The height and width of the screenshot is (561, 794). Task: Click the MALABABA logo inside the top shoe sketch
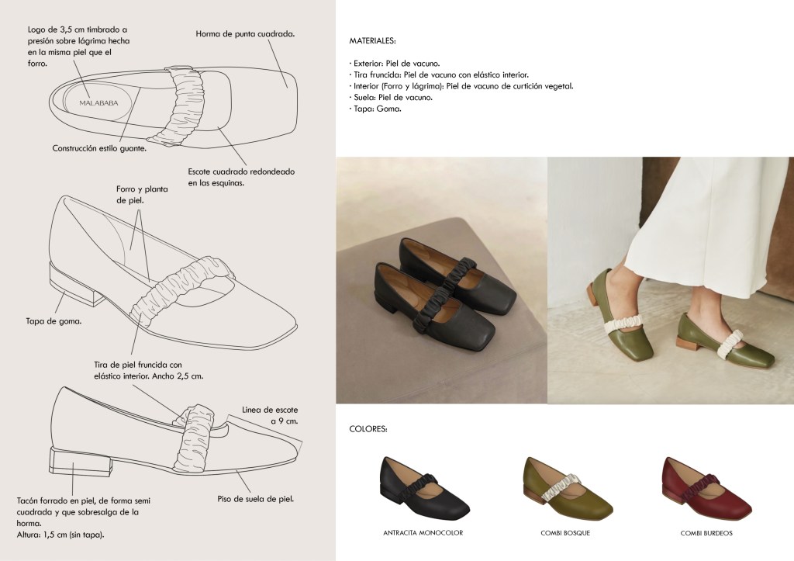(x=98, y=103)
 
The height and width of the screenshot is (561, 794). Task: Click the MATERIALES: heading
(x=373, y=40)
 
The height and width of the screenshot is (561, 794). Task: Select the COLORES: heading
(x=368, y=429)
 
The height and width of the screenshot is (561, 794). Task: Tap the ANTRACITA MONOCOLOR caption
(x=423, y=532)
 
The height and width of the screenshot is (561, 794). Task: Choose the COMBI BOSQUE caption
(x=565, y=532)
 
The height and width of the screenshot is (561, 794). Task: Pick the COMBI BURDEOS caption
(x=706, y=532)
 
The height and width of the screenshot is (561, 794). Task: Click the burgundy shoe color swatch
(x=707, y=487)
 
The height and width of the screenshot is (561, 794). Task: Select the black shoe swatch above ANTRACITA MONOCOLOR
(x=425, y=487)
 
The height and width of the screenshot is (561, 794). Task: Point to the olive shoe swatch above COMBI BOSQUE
(x=568, y=487)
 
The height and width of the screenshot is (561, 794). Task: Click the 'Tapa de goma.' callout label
(x=54, y=320)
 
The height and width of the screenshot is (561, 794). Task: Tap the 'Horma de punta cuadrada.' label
(x=245, y=34)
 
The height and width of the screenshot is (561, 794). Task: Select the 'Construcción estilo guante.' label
(x=99, y=148)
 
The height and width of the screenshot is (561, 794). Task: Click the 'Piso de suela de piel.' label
(x=256, y=499)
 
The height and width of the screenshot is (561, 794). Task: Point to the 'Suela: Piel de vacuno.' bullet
(x=391, y=97)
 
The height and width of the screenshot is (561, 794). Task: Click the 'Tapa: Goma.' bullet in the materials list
(x=375, y=109)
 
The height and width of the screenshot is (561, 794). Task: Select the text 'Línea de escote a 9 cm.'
(x=270, y=415)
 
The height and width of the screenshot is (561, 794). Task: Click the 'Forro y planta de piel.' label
(x=142, y=195)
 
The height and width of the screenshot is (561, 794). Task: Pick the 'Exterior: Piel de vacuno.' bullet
(x=395, y=64)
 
